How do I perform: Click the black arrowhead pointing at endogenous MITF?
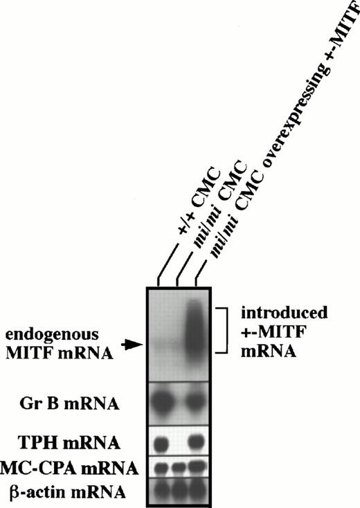pos(131,343)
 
